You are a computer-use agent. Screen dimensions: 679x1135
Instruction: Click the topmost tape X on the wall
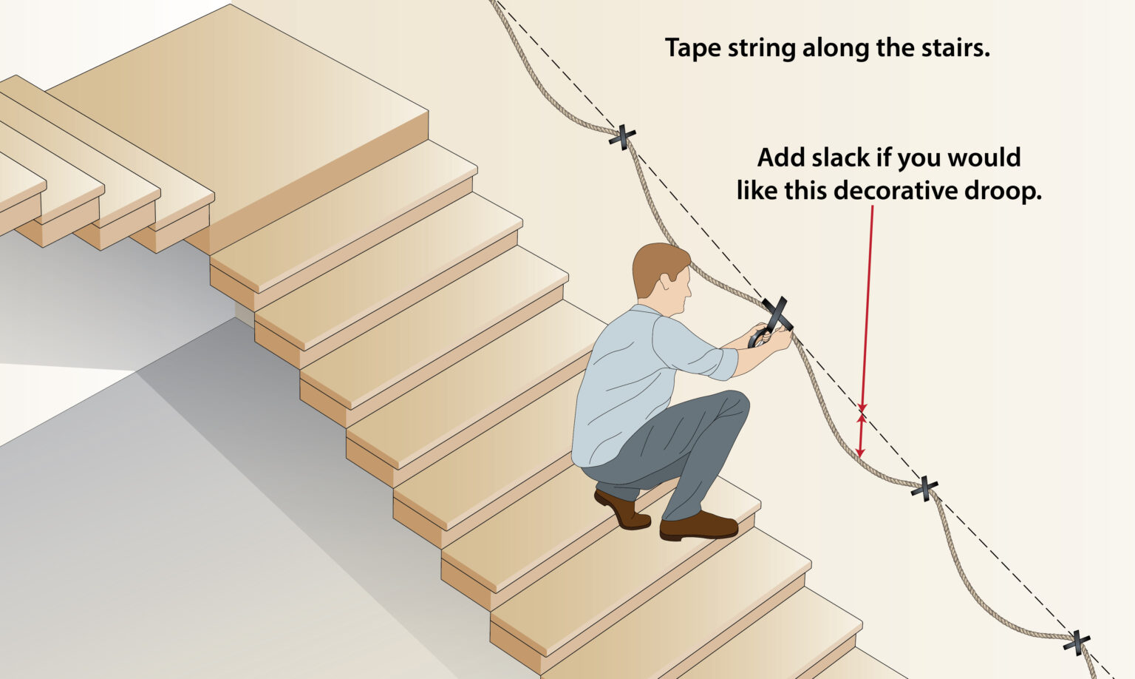[x=622, y=136]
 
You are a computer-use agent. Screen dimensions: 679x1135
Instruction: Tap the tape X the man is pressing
[x=777, y=314]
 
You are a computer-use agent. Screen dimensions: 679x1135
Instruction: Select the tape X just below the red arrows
[x=924, y=487]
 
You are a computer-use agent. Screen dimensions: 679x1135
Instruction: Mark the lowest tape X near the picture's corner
[x=1077, y=641]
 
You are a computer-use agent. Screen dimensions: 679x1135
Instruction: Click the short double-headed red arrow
[x=860, y=435]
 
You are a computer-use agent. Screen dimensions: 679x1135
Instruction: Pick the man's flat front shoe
[x=698, y=526]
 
